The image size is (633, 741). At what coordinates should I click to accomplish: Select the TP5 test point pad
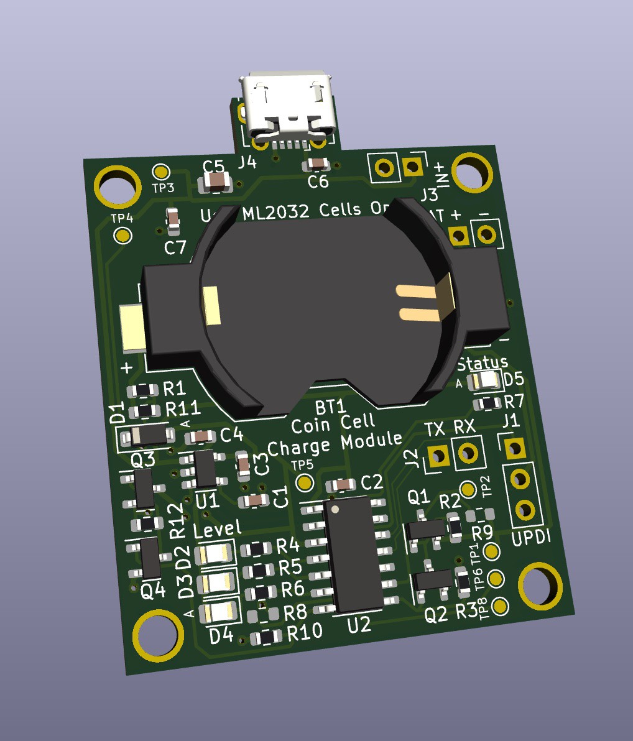(x=305, y=482)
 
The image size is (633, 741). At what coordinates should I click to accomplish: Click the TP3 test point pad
(x=161, y=171)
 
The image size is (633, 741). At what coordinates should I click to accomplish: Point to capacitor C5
(x=216, y=182)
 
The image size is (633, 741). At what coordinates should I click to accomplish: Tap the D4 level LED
(x=218, y=611)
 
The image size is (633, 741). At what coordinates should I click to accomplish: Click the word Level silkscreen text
(x=217, y=530)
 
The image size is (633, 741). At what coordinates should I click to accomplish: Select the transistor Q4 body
(x=150, y=557)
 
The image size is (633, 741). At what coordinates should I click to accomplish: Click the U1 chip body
(x=205, y=468)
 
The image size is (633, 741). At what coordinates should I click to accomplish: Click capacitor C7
(x=173, y=219)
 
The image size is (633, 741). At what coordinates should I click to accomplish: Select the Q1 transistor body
(x=426, y=530)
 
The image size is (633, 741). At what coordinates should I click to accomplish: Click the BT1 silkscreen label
(x=330, y=408)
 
